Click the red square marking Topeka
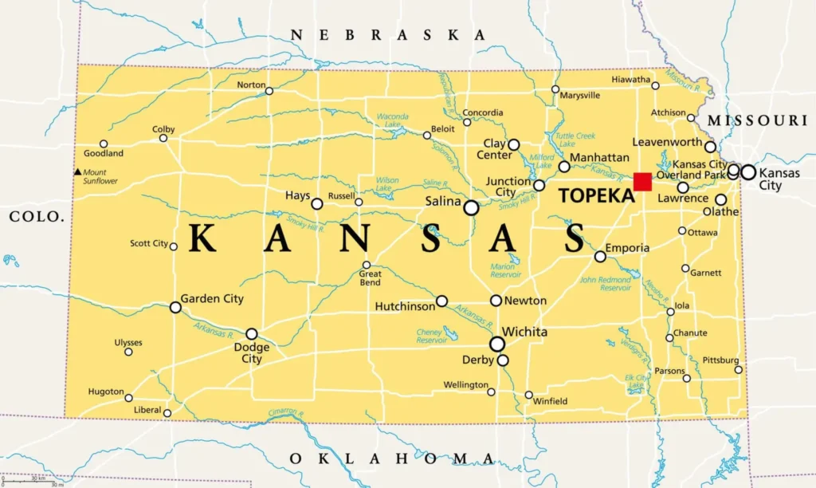tap(642, 182)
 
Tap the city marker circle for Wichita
tap(497, 344)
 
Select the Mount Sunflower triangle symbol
tap(77, 172)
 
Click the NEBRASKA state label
tap(388, 34)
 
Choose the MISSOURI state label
tap(757, 120)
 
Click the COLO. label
tap(36, 216)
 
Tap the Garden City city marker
tap(175, 307)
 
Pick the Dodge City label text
tap(251, 353)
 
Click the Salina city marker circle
tap(471, 207)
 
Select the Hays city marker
tap(316, 203)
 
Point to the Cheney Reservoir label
tap(432, 336)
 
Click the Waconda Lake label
tap(392, 120)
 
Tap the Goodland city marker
tap(103, 144)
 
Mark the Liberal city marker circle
tap(167, 412)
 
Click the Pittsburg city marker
tap(739, 369)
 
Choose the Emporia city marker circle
tap(600, 256)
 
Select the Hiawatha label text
tap(630, 79)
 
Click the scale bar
tap(32, 482)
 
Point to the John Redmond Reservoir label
tap(605, 284)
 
